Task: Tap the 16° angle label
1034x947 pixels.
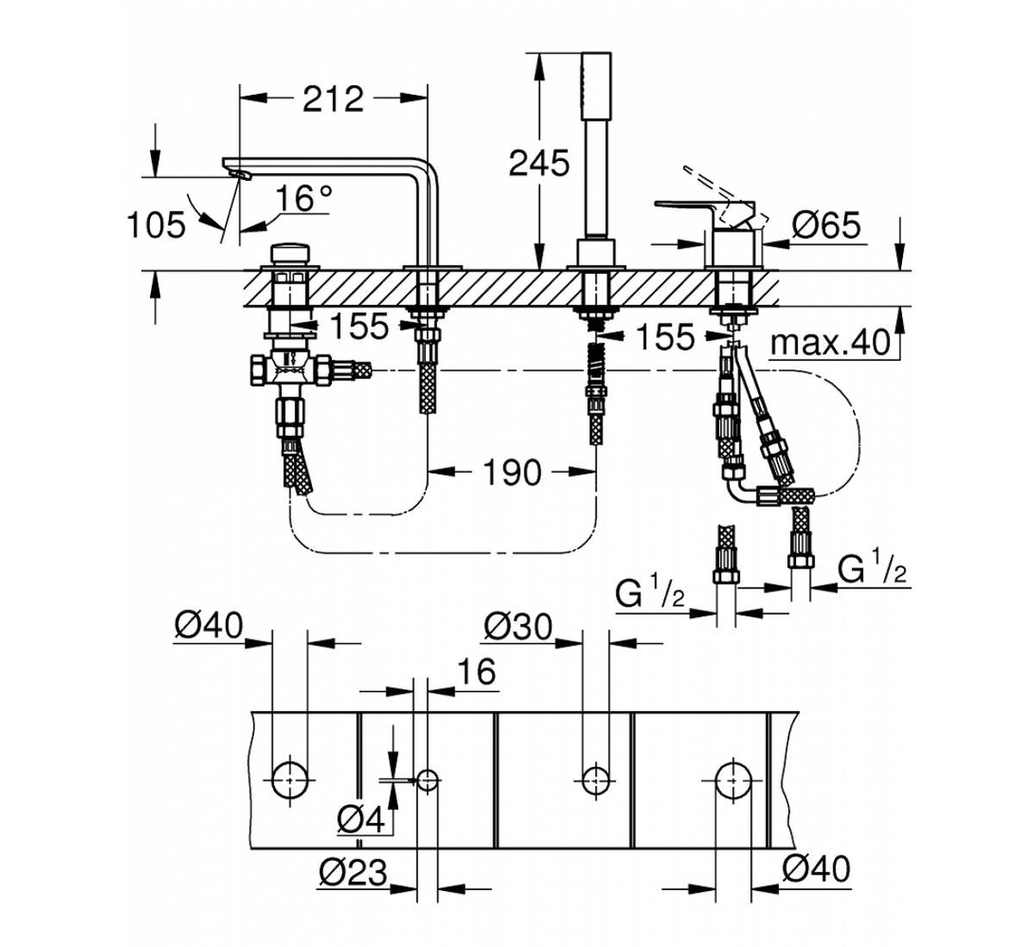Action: tap(304, 199)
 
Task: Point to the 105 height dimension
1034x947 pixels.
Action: tap(156, 226)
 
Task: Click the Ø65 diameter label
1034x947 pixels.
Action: tap(826, 226)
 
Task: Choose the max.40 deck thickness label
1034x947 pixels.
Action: tap(829, 343)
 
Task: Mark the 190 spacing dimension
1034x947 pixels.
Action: tap(512, 471)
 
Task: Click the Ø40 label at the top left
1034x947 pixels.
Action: tap(208, 626)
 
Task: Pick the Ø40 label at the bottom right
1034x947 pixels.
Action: tap(815, 869)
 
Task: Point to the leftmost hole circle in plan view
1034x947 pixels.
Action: tap(289, 780)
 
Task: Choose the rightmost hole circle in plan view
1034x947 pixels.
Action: tap(730, 780)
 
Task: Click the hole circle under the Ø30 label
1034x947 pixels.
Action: tap(592, 780)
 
